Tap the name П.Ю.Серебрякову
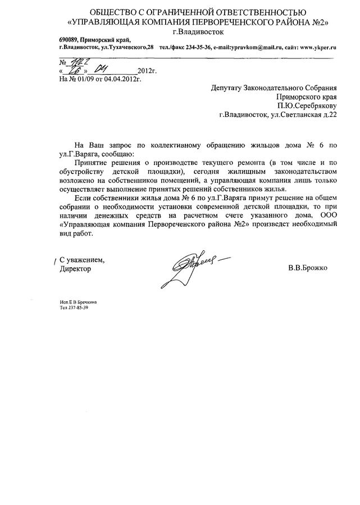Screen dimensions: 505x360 pyautogui.click(x=307, y=105)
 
